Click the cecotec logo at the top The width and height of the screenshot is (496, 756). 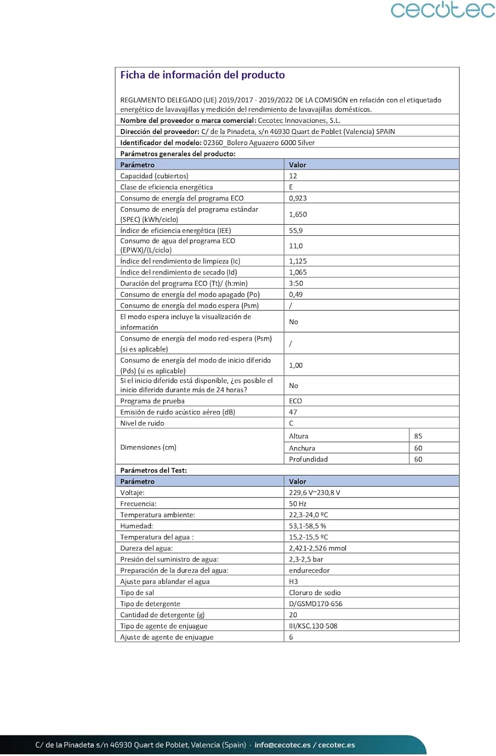pos(443,10)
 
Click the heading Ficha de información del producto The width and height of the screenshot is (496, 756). pos(202,75)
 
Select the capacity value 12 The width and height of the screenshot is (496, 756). pos(293,176)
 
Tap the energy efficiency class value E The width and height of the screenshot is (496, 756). pos(291,187)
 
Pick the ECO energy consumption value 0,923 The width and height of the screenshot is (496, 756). pos(298,198)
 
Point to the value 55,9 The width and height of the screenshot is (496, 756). pos(296,230)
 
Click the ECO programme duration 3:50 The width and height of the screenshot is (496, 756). pos(296,283)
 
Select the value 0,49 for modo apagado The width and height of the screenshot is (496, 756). pos(296,294)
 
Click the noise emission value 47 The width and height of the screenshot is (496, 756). pos(293,412)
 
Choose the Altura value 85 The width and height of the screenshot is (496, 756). pos(418,436)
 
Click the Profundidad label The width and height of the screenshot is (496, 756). pos(308,459)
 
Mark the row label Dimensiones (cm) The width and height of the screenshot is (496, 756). pos(148,447)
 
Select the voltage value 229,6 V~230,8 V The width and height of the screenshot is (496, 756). pos(314,492)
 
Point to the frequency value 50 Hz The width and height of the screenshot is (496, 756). pos(298,503)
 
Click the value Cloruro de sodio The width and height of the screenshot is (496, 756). pos(315,593)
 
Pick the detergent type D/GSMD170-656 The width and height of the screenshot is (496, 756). pos(316,604)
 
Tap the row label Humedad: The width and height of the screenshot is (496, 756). pos(137,526)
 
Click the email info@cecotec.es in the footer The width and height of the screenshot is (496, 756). pos(283,745)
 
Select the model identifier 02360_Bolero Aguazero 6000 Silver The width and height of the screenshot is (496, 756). pos(259,143)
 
